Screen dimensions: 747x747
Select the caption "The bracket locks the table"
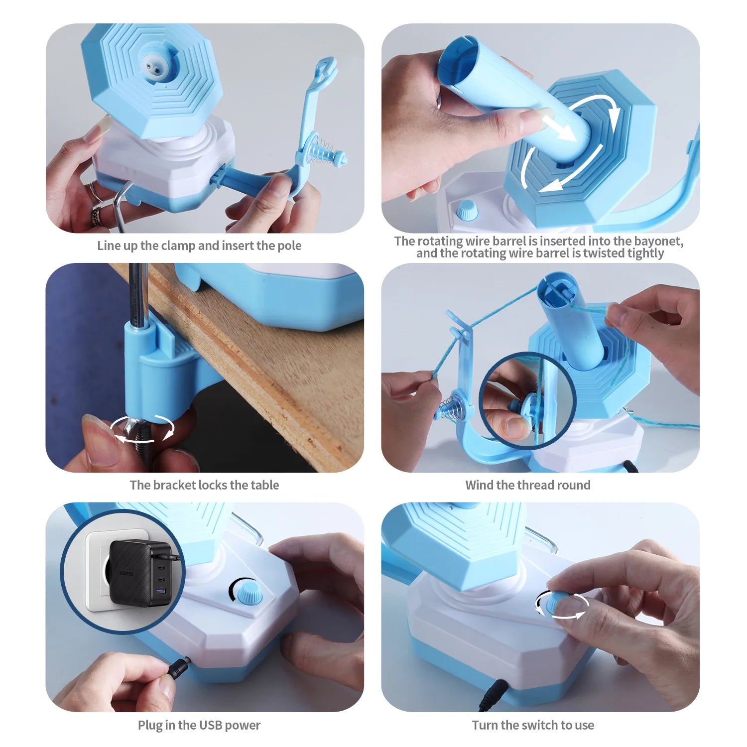pos(204,485)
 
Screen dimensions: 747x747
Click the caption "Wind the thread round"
pos(528,485)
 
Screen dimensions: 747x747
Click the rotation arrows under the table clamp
pos(142,429)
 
